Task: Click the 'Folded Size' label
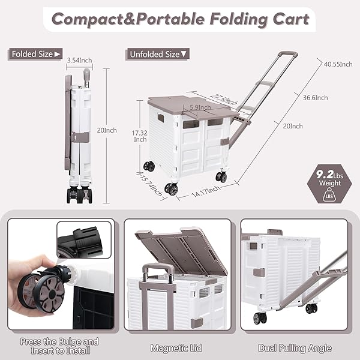point(35,54)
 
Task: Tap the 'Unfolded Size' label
point(157,54)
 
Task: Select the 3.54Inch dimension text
point(79,61)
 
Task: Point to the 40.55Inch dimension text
point(338,64)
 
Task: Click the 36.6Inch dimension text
point(315,98)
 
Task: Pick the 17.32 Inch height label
point(140,136)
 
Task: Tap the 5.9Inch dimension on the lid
point(200,107)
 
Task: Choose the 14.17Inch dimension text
point(206,191)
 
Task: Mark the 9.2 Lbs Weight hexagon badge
point(329,184)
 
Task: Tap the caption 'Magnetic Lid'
point(176,348)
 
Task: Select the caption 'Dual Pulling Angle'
point(295,348)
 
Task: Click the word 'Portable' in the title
point(170,19)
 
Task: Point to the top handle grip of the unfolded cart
point(288,55)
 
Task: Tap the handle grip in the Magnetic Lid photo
point(157,268)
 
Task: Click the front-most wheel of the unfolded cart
point(171,189)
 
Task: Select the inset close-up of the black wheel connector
point(84,240)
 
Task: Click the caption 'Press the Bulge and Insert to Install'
point(59,346)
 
